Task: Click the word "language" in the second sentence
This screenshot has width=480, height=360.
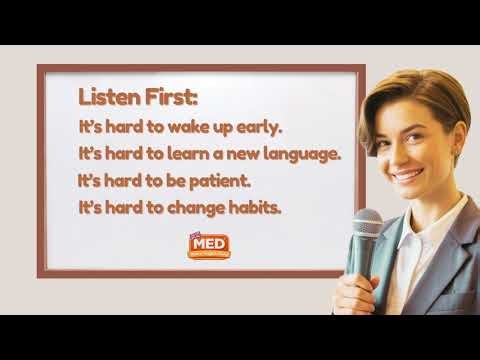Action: (x=299, y=155)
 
